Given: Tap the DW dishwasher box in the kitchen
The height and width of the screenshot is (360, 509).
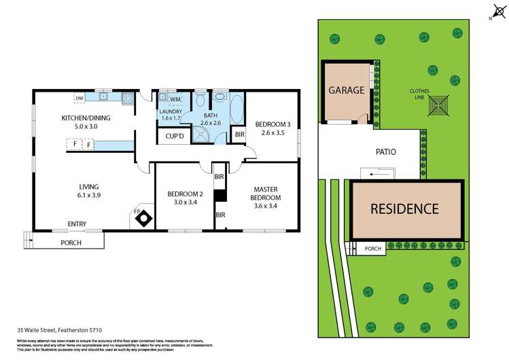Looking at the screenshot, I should [80, 98].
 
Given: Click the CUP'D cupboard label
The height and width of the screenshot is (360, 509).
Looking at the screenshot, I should [175, 137].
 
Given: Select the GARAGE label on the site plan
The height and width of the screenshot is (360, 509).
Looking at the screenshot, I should [347, 90].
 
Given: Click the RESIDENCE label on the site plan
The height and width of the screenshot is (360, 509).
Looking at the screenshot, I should [404, 209].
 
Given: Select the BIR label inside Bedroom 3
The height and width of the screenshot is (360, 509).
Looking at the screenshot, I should [239, 134].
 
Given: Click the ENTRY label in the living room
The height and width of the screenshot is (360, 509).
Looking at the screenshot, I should [77, 223].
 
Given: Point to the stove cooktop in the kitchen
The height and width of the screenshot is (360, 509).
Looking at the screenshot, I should [127, 98].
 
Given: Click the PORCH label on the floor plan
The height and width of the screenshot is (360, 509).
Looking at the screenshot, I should [71, 242].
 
